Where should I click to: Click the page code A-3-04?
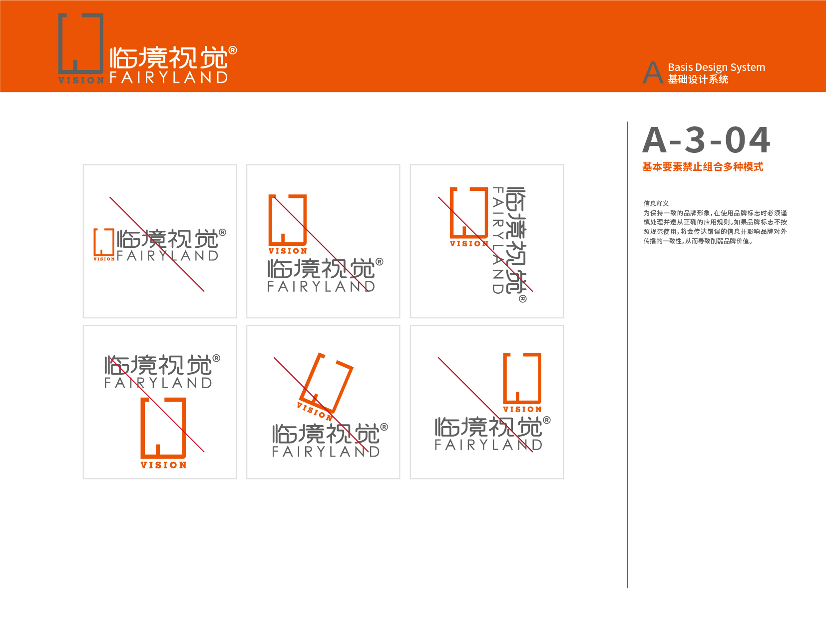coord(706,141)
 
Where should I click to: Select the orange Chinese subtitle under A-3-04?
coord(702,167)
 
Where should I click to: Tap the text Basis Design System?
coord(716,67)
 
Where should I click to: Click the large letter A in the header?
coord(653,73)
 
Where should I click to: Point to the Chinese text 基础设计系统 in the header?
coord(698,79)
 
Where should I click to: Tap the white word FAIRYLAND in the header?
coord(169,77)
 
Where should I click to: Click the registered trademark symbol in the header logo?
coord(233,50)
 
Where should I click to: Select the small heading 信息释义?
coord(656,203)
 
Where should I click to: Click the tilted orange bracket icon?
coord(327,382)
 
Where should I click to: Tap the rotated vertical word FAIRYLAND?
coord(498,240)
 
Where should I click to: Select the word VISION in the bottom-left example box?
coord(163,465)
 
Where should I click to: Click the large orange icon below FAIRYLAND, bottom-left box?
coord(163,428)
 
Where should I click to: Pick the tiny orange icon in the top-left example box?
coord(104,242)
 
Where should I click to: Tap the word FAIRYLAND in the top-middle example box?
coord(321,286)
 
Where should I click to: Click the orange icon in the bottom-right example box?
coord(522,378)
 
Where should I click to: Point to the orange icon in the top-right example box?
coord(468,212)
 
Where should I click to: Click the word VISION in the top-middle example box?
coord(288,251)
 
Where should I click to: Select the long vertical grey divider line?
coord(627,355)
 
